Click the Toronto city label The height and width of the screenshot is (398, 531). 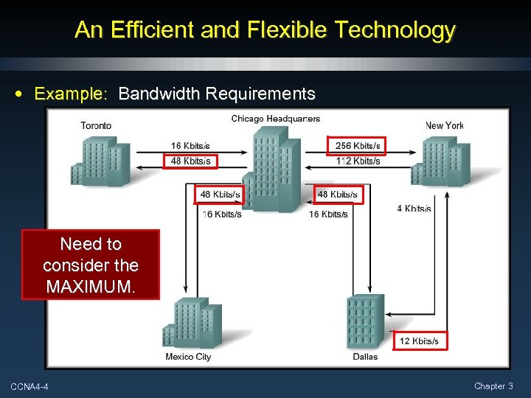coord(96,125)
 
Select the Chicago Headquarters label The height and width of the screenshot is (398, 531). coord(275,119)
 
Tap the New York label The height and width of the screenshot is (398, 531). coord(444,125)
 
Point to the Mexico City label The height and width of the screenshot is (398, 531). coord(188,357)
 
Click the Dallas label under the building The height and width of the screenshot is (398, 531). coord(364,357)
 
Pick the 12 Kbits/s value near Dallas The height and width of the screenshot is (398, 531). coord(419,341)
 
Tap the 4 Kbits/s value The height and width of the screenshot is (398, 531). coord(414,209)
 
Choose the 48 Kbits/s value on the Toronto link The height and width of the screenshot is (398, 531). coord(190,161)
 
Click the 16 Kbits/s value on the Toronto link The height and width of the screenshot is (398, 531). coord(190,146)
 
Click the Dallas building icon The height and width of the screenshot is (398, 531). coord(365,322)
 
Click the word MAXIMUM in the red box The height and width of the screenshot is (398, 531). coord(91,286)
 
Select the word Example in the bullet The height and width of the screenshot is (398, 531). coord(71,94)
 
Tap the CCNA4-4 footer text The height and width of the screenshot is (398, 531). coord(29,387)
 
